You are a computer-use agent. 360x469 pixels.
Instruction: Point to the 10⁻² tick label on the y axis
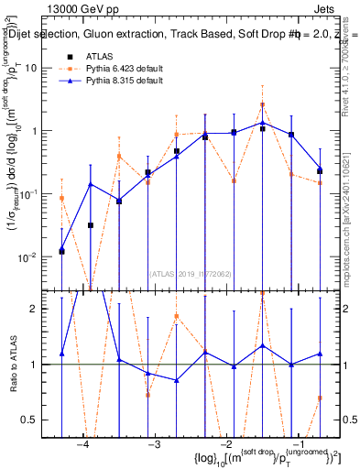(38, 256)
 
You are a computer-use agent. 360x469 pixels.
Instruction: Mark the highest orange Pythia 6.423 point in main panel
(262, 104)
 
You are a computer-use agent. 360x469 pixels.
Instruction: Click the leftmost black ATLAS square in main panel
(61, 251)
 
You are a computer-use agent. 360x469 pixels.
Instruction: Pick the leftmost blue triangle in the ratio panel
(61, 353)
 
